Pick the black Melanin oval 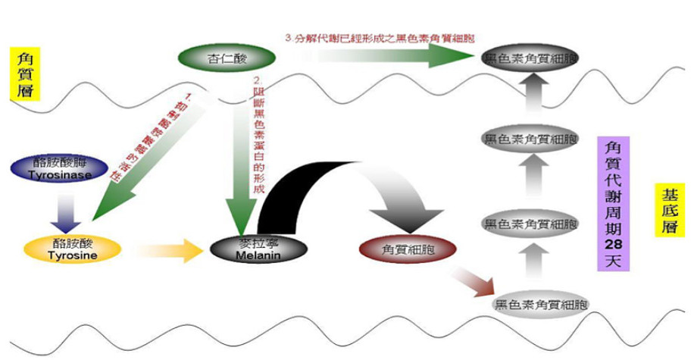click(249, 249)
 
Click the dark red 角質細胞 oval click(410, 248)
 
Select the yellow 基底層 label click(665, 212)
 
